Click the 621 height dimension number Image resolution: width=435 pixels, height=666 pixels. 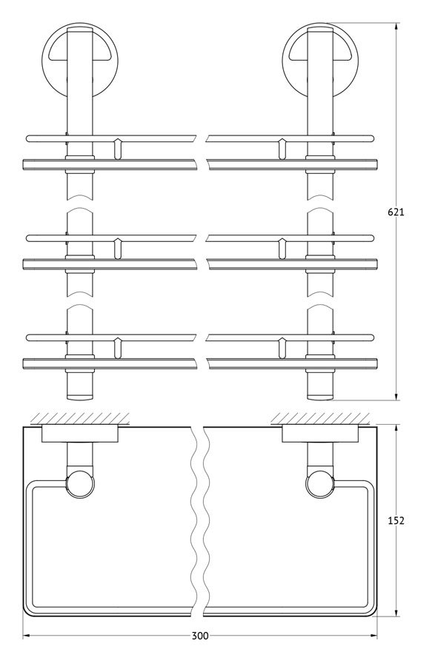[x=396, y=212]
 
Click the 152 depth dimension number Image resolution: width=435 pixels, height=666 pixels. [x=396, y=520]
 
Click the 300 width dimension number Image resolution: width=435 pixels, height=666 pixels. [x=200, y=636]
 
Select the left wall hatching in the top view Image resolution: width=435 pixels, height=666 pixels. [x=79, y=418]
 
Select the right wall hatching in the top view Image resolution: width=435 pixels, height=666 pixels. [x=320, y=418]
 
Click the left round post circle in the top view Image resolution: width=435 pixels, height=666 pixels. [x=79, y=483]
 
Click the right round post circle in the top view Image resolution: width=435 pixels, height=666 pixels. [x=319, y=483]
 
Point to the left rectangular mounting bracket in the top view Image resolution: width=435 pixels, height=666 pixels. [x=79, y=434]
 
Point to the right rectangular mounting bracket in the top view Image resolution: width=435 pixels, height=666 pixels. [x=320, y=434]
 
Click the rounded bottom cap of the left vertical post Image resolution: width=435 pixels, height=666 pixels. [x=79, y=397]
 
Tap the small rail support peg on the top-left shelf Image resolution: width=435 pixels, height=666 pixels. [x=118, y=148]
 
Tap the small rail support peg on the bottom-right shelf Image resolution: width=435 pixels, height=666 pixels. [x=281, y=348]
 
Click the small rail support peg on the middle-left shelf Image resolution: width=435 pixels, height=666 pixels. [x=118, y=249]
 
